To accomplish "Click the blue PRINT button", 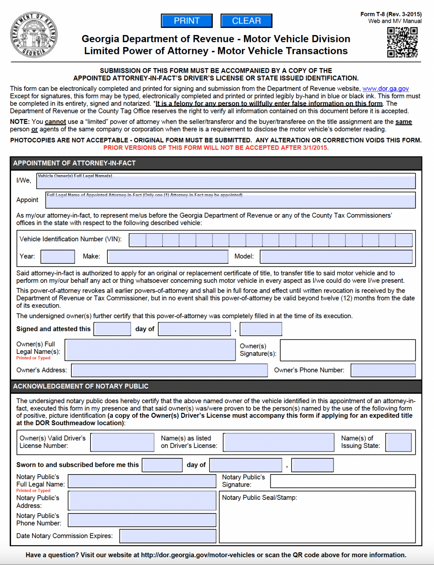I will coord(187,21).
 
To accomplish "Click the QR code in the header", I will coord(402,42).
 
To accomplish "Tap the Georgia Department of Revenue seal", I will coord(33,35).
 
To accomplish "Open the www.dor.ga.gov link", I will coord(385,89).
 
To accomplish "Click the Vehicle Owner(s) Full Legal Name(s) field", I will coord(226,181).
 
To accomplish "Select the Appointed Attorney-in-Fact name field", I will coord(231,200).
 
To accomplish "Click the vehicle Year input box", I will coord(58,256).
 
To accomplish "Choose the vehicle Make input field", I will coord(168,256).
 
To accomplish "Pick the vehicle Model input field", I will coord(336,256).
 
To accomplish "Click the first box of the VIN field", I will coord(138,240).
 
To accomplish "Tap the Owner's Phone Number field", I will coord(383,370).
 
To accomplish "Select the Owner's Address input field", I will coord(170,370).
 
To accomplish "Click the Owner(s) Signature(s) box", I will coord(348,350).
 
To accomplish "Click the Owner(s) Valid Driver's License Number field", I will coord(122,442).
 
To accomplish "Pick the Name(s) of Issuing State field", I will coord(399,442).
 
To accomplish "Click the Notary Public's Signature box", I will coord(343,481).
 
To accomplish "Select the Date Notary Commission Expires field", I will coord(168,536).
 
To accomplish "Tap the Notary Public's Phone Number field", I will coord(142,520).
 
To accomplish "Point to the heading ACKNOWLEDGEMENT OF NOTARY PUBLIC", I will coord(81,386).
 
